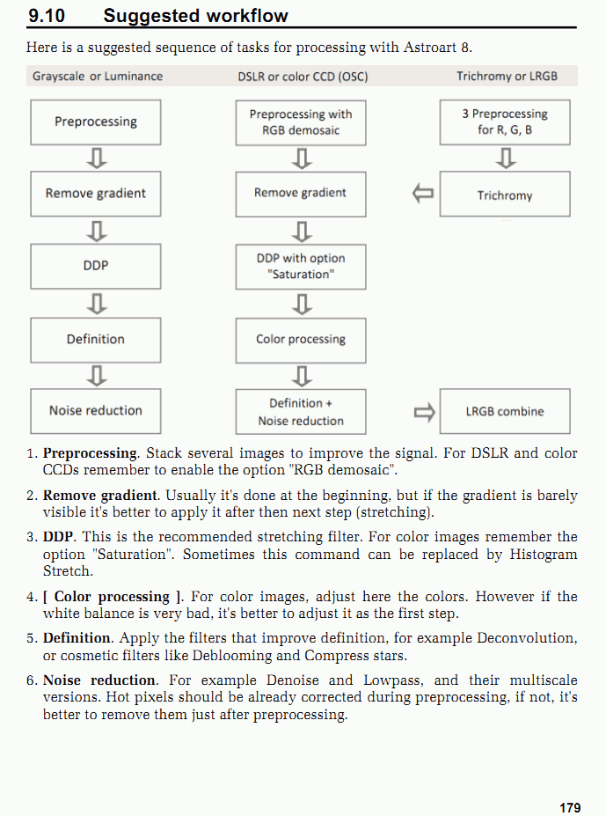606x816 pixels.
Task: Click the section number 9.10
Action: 46,15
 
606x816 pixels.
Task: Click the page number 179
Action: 569,807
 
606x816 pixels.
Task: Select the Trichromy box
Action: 505,195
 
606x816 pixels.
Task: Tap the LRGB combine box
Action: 505,411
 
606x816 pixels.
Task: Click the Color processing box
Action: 301,340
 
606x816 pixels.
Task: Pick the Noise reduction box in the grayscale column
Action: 96,411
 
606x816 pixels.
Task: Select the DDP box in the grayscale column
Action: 96,266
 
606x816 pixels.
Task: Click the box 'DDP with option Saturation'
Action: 301,267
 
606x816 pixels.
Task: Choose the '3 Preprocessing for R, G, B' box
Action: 505,122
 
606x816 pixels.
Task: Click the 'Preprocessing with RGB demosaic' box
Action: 301,122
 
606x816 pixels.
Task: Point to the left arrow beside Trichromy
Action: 424,194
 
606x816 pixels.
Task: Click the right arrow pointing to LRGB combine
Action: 424,411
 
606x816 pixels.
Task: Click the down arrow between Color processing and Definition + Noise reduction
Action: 301,376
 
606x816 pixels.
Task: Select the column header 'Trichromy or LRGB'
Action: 507,77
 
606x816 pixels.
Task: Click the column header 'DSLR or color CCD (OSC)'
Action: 303,77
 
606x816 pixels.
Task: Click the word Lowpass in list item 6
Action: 403,680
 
